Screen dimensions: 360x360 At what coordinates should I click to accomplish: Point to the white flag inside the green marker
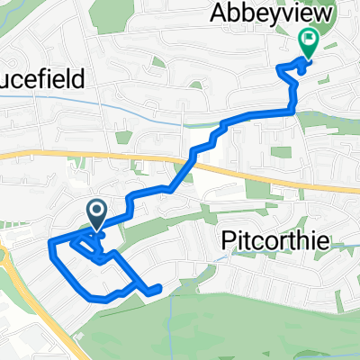[309, 39]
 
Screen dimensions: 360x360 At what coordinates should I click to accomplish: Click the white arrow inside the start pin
[96, 212]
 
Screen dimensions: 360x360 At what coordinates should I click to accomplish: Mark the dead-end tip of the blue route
[158, 289]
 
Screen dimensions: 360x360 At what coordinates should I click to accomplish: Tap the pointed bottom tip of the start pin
[96, 232]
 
